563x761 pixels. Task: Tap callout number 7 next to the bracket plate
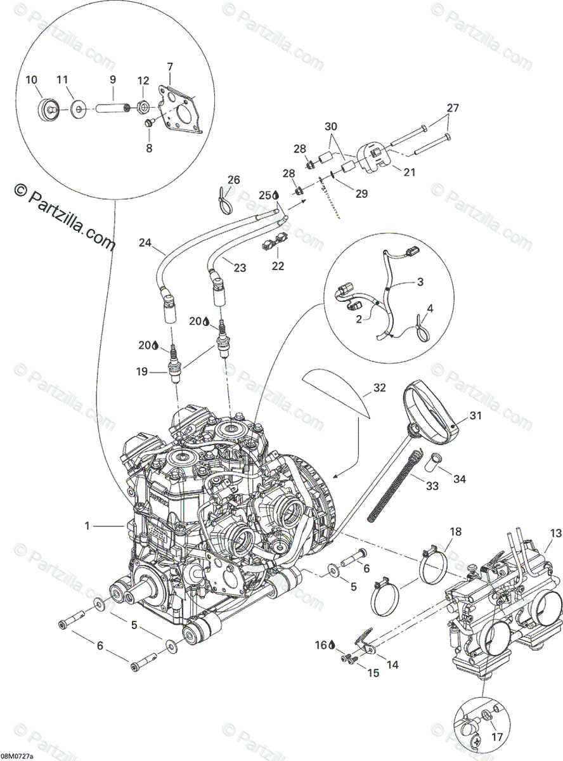tap(169, 67)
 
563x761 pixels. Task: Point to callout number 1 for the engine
tap(87, 525)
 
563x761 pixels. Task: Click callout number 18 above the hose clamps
tap(455, 531)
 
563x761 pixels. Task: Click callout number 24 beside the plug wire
tap(146, 241)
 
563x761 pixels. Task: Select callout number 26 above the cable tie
tap(234, 180)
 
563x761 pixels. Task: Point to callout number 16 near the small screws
tap(321, 646)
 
